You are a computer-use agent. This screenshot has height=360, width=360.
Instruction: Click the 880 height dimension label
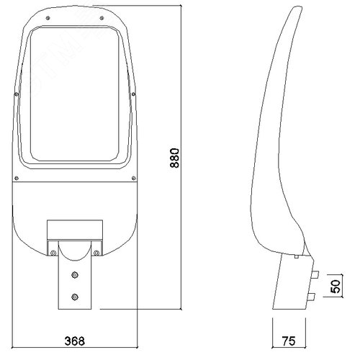(174, 158)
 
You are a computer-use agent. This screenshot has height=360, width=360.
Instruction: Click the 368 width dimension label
(75, 341)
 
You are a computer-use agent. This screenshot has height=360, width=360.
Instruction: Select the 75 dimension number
(289, 341)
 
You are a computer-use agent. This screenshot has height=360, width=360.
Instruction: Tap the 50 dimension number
(336, 286)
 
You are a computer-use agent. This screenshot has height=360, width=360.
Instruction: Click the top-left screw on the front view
(48, 18)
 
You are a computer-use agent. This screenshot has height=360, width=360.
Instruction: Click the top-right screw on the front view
(102, 18)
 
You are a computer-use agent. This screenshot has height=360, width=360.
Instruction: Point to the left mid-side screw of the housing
(17, 94)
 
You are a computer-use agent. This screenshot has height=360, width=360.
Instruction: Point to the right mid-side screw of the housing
(133, 94)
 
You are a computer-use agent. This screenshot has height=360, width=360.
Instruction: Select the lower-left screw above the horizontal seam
(17, 178)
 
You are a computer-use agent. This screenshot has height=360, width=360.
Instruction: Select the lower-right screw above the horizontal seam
(134, 178)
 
